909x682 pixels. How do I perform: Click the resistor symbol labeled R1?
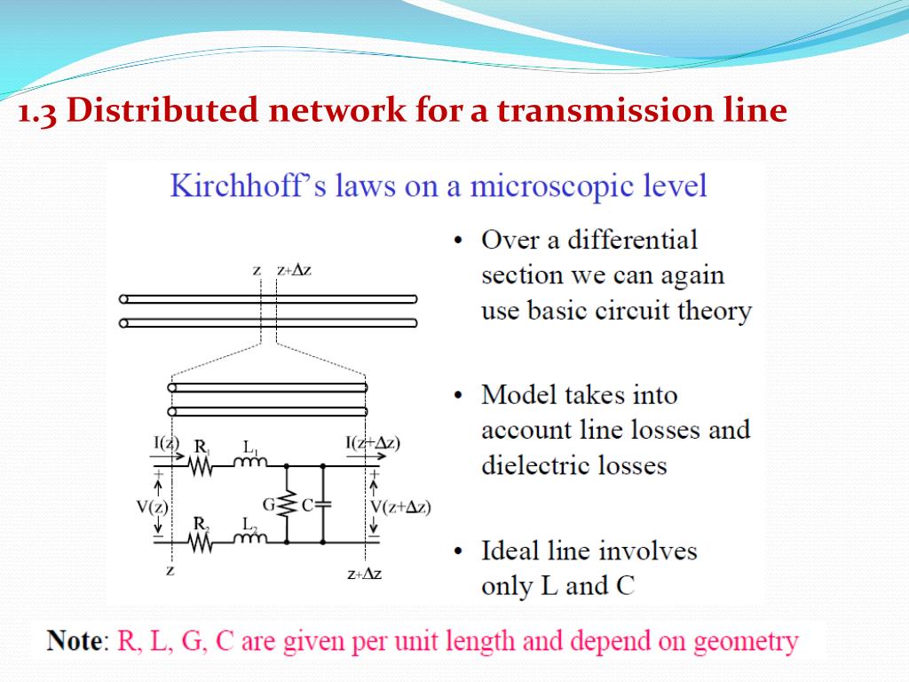tap(200, 464)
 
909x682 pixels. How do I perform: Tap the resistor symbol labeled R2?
tap(200, 541)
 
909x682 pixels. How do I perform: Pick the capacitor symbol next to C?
tap(322, 504)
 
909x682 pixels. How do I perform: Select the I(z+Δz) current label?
tap(372, 442)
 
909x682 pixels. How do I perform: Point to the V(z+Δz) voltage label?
tap(400, 507)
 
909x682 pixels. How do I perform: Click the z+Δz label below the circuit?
tap(364, 575)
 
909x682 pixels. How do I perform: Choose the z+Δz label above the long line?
tap(294, 270)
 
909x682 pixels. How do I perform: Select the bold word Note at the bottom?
tap(75, 640)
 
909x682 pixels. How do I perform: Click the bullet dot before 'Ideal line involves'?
tap(458, 552)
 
